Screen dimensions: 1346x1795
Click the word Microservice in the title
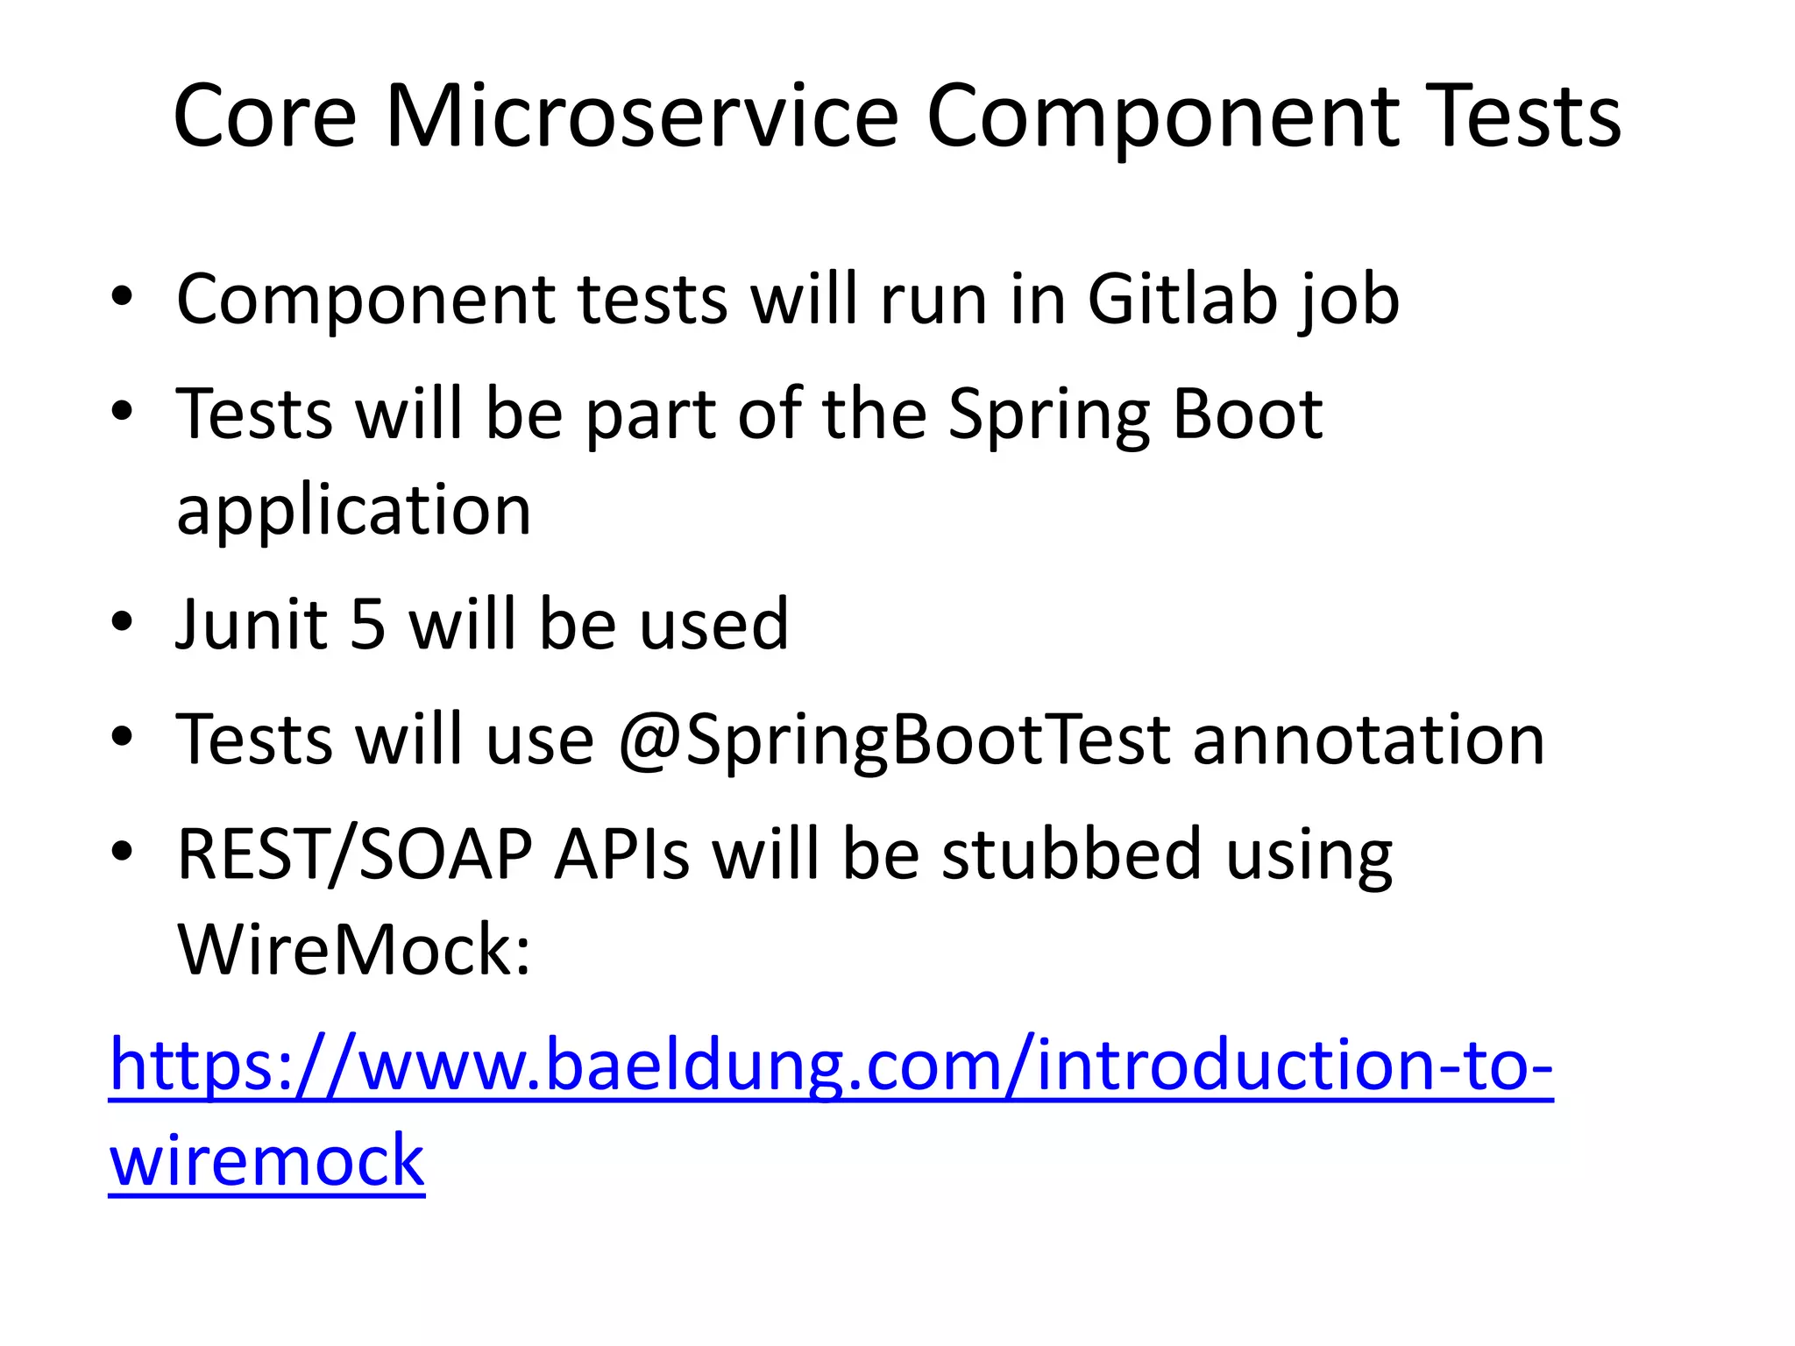[x=642, y=117]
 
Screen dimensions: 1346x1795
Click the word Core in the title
[x=265, y=117]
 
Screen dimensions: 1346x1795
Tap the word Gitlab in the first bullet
[x=1181, y=300]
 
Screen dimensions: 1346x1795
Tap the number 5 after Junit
[x=368, y=625]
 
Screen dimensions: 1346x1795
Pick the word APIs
[x=622, y=855]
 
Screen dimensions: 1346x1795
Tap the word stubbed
[x=1071, y=855]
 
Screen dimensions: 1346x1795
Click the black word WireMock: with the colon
[x=354, y=950]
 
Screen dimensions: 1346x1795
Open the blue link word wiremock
[x=266, y=1160]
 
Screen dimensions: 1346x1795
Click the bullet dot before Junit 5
[x=122, y=622]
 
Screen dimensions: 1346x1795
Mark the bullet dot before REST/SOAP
[x=122, y=851]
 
